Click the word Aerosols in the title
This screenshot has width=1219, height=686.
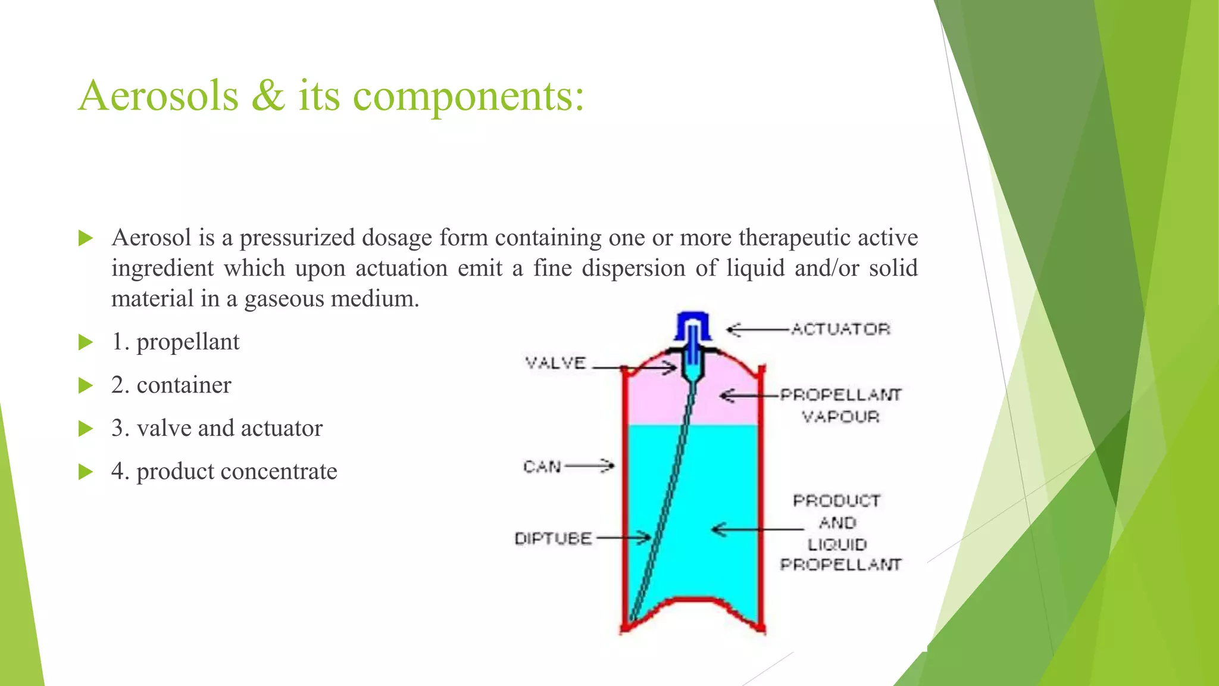click(158, 96)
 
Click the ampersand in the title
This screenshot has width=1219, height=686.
click(268, 96)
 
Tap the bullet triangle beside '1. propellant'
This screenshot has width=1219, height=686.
click(86, 342)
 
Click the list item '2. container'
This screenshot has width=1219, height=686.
click(171, 385)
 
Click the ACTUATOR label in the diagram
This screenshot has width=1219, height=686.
click(840, 329)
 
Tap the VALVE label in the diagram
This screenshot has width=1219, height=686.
click(555, 363)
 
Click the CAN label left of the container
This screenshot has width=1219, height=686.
click(542, 466)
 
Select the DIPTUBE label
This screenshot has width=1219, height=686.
click(553, 539)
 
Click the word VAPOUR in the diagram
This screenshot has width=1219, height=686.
click(840, 417)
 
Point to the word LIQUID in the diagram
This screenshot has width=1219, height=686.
click(837, 544)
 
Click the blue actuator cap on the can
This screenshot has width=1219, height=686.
click(693, 325)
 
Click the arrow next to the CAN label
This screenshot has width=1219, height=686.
click(589, 466)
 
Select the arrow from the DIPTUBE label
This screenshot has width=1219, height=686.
click(624, 538)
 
